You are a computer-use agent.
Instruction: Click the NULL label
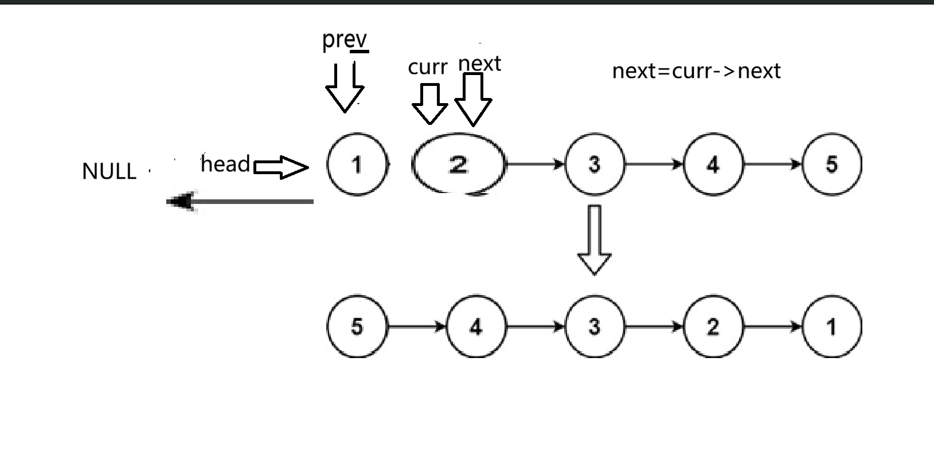coord(109,171)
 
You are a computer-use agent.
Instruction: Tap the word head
coord(225,164)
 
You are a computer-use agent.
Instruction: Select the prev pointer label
coord(344,40)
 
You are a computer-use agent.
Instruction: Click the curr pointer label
coord(427,68)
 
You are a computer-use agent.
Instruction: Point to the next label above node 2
coord(480,64)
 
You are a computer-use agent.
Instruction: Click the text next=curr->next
coord(696,71)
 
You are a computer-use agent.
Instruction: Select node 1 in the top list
coord(357,164)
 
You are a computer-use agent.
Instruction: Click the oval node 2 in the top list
coord(458,165)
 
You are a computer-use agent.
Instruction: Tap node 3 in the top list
coord(595,164)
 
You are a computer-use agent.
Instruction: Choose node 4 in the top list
coord(713,164)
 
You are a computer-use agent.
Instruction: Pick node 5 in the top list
coord(831,164)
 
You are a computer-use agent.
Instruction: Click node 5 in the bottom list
coord(357,327)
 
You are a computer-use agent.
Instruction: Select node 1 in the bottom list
coord(831,327)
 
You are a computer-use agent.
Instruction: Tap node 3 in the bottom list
coord(595,327)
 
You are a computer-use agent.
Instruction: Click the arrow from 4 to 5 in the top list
coord(772,164)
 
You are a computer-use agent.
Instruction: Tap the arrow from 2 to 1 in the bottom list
coord(772,327)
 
